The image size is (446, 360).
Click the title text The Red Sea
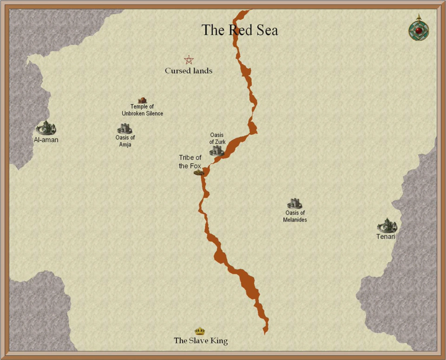240,31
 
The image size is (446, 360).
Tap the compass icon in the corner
419,29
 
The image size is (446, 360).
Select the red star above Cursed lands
189,60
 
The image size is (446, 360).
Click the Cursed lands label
189,71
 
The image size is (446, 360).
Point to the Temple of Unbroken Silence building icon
142,100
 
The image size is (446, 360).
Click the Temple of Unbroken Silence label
142,110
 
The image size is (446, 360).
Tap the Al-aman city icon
46,128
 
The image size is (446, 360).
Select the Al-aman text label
46,139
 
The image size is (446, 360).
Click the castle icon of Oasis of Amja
125,129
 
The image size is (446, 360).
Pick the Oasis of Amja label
125,141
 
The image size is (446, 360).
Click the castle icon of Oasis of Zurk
216,151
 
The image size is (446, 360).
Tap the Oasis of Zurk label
216,138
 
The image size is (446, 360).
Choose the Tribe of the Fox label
190,162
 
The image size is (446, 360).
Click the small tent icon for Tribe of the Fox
199,172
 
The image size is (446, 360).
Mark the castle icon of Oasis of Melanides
295,203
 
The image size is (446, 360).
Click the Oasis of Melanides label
295,216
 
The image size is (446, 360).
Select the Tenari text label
386,237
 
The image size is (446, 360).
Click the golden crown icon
200,331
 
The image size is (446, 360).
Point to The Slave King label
201,341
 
